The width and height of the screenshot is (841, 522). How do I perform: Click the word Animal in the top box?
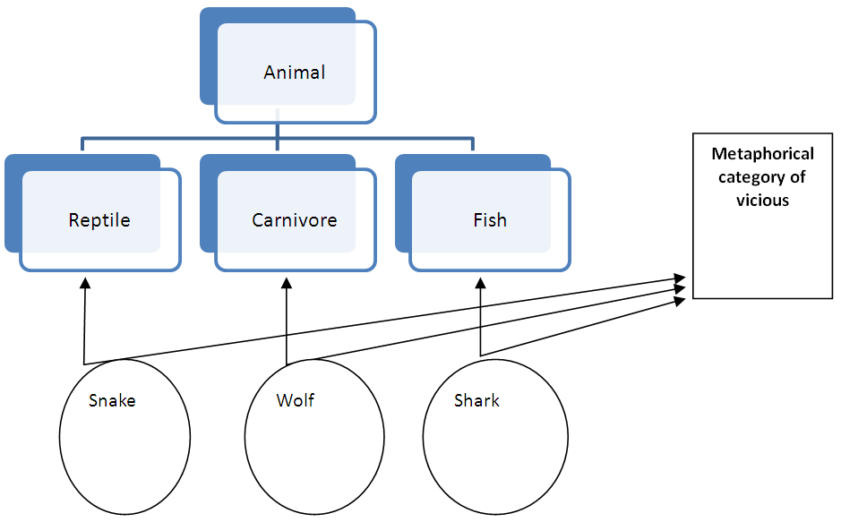[x=294, y=73]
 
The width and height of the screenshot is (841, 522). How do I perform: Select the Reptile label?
[x=99, y=220]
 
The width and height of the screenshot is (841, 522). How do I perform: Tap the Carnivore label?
[x=294, y=220]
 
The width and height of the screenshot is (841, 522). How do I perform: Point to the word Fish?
[x=490, y=220]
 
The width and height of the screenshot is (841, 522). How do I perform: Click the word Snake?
[x=112, y=400]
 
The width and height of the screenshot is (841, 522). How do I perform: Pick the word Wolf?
[x=295, y=400]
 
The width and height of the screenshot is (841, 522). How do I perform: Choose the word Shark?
[x=476, y=400]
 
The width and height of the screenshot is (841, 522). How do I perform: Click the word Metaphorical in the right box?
[x=763, y=154]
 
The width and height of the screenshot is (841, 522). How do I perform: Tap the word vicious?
[x=763, y=201]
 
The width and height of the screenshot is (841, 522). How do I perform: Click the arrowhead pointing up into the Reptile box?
[x=85, y=282]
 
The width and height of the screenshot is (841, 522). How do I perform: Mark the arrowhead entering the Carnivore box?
[x=287, y=282]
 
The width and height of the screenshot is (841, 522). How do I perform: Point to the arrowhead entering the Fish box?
[x=480, y=282]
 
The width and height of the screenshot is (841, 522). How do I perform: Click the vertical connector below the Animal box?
[x=278, y=133]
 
